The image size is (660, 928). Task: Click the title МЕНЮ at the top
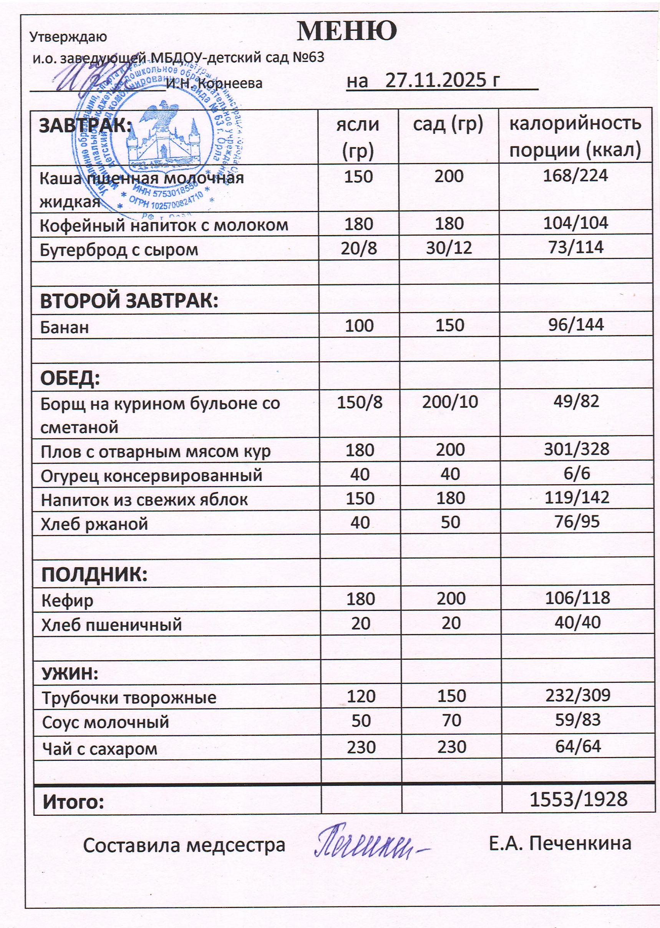click(x=347, y=31)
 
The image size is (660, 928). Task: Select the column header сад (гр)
click(x=448, y=125)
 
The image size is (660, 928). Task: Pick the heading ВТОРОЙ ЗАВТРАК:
click(x=129, y=301)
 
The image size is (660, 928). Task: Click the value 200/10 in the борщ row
click(x=450, y=402)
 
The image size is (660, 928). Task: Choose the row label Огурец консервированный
click(x=151, y=475)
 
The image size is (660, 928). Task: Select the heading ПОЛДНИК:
click(x=94, y=574)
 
